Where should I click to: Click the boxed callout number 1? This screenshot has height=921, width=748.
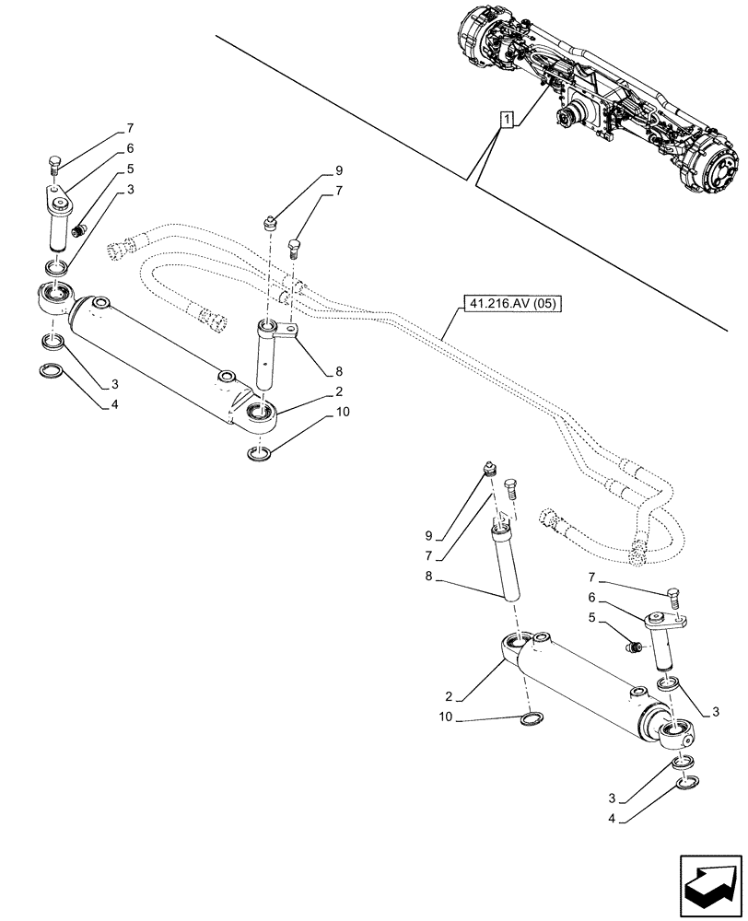(x=506, y=119)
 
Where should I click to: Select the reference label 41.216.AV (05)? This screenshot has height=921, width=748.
(x=509, y=303)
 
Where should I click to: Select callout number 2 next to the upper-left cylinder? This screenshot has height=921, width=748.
(x=339, y=391)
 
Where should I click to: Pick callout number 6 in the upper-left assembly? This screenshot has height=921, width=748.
(x=131, y=147)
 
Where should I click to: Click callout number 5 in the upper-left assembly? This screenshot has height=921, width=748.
(x=131, y=169)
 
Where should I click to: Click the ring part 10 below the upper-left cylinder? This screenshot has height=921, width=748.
(x=259, y=453)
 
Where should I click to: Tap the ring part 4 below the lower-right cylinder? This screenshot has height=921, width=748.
(x=684, y=783)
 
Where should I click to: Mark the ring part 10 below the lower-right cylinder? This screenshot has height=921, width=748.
(x=531, y=719)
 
